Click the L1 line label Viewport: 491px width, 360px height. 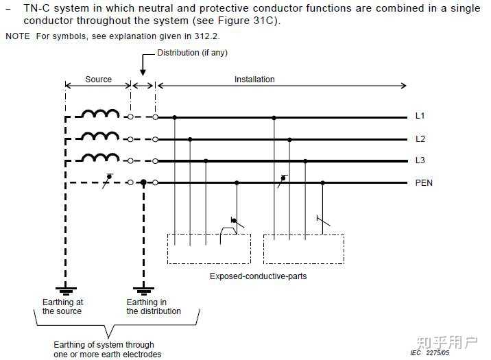(420, 116)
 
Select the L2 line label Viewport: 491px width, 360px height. (420, 139)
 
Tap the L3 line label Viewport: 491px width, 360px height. (420, 160)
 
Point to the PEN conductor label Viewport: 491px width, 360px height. (424, 183)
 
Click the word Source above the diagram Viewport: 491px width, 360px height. (98, 80)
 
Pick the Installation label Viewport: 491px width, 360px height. (254, 80)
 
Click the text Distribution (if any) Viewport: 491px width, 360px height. (192, 53)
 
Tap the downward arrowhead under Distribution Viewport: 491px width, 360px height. (143, 72)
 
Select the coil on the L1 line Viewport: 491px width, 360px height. (100, 112)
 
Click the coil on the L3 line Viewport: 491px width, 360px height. (100, 157)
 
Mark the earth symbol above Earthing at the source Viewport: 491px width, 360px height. (66, 291)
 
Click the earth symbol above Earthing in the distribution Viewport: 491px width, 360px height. (143, 291)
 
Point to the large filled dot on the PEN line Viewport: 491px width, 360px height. (143, 182)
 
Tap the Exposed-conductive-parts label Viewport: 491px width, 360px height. (258, 276)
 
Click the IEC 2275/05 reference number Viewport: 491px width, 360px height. (429, 352)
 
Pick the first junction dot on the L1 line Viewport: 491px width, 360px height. (175, 117)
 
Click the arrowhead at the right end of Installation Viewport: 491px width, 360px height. (403, 86)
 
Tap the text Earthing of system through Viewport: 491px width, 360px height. (104, 345)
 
